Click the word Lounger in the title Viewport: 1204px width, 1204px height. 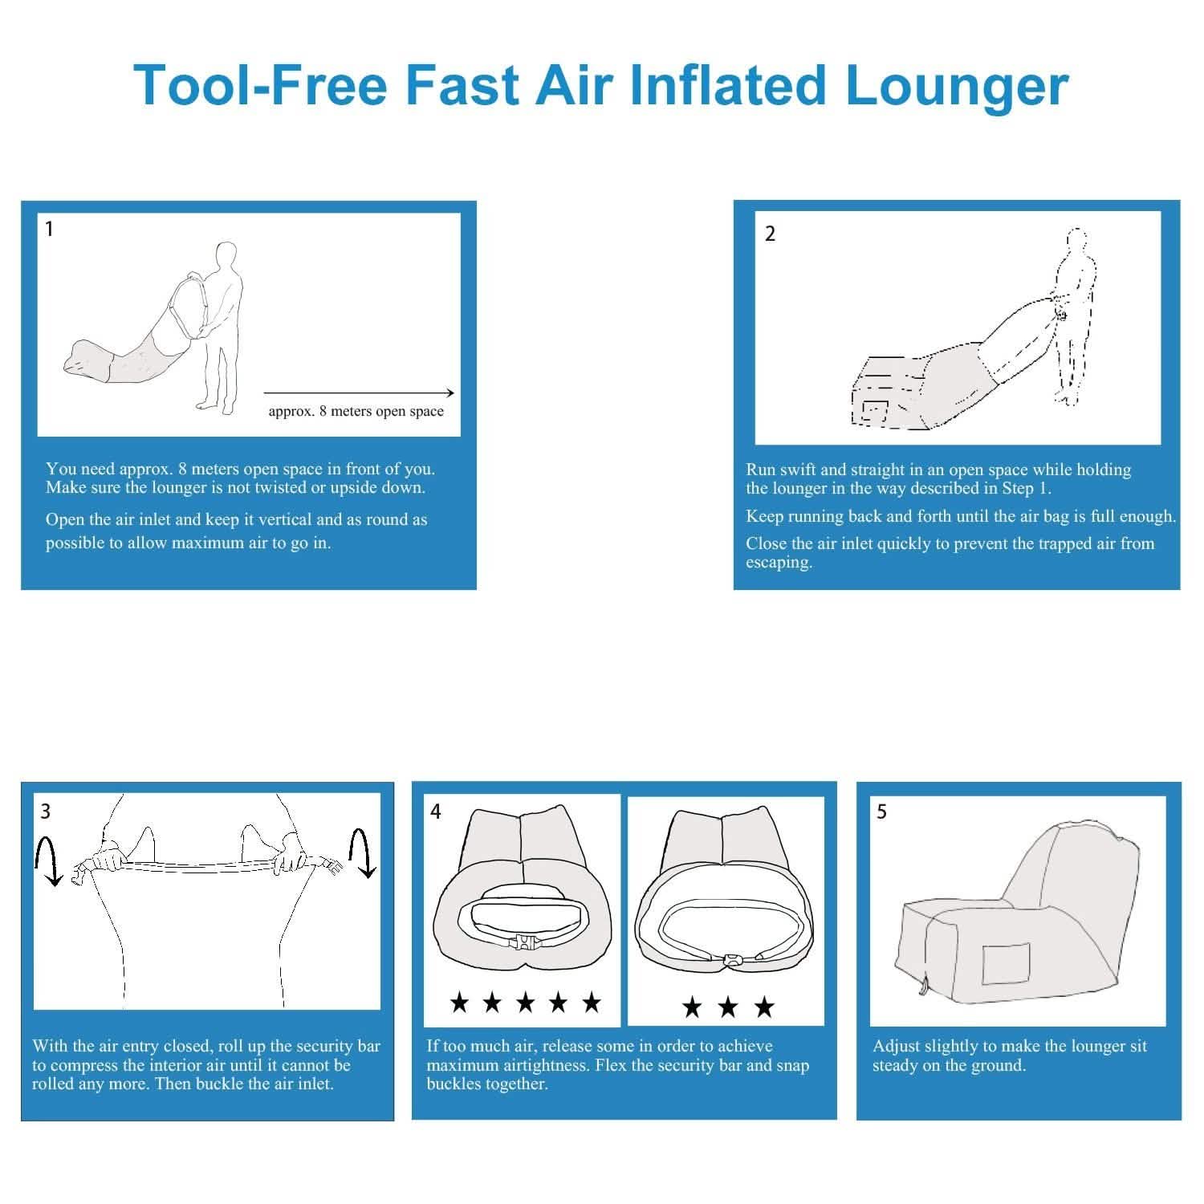[x=957, y=86]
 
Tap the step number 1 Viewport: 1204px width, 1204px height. [x=50, y=230]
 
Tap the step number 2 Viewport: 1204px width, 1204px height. [x=770, y=234]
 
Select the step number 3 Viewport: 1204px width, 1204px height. [x=45, y=811]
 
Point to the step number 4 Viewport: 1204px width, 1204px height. [x=436, y=811]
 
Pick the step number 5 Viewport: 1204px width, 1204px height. [x=881, y=812]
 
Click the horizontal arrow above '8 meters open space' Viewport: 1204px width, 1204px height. [x=359, y=393]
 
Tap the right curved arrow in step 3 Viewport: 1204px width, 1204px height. [x=363, y=853]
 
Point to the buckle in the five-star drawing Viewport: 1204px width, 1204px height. [x=523, y=944]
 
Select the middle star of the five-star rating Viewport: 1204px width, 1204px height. [x=525, y=1002]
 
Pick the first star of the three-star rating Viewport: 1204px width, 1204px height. [x=691, y=1007]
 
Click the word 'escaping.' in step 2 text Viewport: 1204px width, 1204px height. [x=779, y=563]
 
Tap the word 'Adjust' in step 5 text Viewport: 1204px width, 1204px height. [x=896, y=1047]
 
